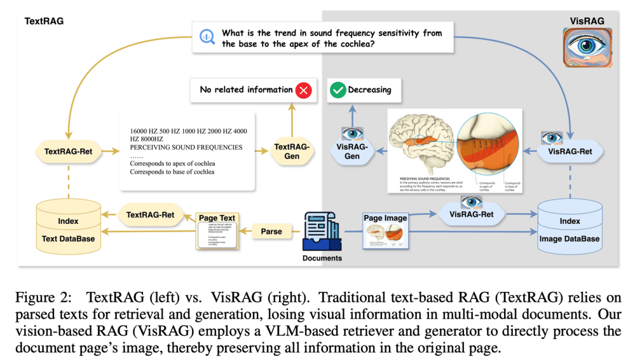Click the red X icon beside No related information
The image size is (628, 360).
pyautogui.click(x=304, y=90)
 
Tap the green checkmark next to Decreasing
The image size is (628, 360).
pyautogui.click(x=337, y=90)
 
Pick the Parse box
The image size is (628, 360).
pyautogui.click(x=271, y=231)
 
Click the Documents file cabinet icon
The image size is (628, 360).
pyautogui.click(x=322, y=231)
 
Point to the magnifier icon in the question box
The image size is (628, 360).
pyautogui.click(x=208, y=37)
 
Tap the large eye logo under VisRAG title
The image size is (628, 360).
pyautogui.click(x=587, y=47)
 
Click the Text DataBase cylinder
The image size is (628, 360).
pyautogui.click(x=68, y=229)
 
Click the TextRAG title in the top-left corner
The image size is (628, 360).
pyautogui.click(x=44, y=21)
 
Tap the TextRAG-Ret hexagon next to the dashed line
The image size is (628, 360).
pyautogui.click(x=68, y=152)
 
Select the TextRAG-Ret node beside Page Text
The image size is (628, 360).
pyautogui.click(x=150, y=215)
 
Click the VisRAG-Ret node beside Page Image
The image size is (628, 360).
pyautogui.click(x=471, y=215)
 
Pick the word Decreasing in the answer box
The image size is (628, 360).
pyautogui.click(x=369, y=90)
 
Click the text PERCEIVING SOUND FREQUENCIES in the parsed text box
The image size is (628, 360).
pyautogui.click(x=186, y=147)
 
